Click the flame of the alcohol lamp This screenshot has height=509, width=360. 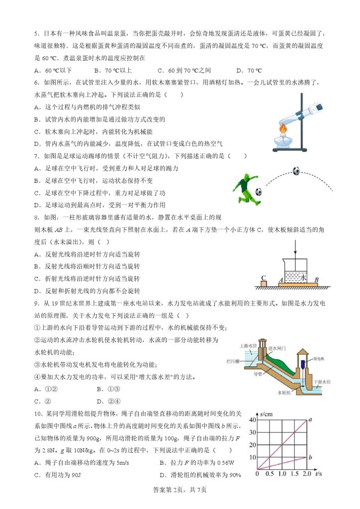(284, 130)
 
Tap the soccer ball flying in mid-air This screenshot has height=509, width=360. (296, 171)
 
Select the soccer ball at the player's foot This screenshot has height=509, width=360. (259, 191)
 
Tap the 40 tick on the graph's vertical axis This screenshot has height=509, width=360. (252, 420)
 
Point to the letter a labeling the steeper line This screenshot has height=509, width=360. (310, 420)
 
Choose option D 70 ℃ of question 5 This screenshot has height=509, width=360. (249, 71)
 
